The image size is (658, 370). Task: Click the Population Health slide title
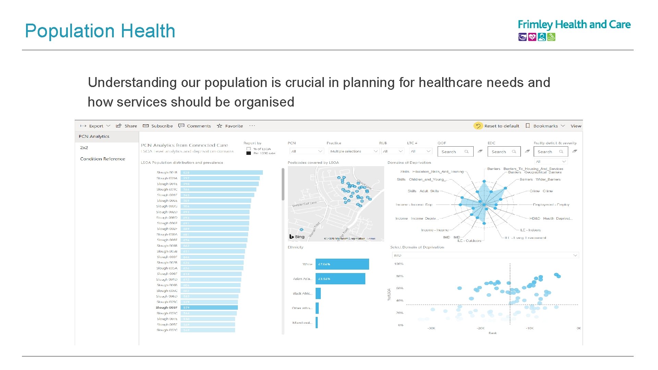click(x=100, y=31)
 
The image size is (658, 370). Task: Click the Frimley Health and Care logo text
click(x=574, y=25)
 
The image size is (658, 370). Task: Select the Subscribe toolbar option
click(x=158, y=126)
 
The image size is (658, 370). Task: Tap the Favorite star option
click(x=230, y=126)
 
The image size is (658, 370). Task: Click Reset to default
click(x=497, y=126)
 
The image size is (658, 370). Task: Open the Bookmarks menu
click(x=545, y=126)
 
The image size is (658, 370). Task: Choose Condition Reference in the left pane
click(x=102, y=159)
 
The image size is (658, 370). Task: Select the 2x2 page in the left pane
click(x=84, y=148)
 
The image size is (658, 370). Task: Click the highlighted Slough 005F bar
click(x=209, y=308)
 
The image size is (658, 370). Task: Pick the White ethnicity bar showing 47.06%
click(x=342, y=264)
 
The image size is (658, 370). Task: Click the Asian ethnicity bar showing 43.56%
click(x=340, y=279)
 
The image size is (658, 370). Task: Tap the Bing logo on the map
click(x=297, y=237)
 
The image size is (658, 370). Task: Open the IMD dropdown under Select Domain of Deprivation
click(x=485, y=256)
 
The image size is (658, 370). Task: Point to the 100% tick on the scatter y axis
click(x=399, y=264)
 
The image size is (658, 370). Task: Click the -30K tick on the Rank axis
click(x=431, y=328)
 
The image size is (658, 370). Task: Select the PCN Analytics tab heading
click(x=94, y=136)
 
